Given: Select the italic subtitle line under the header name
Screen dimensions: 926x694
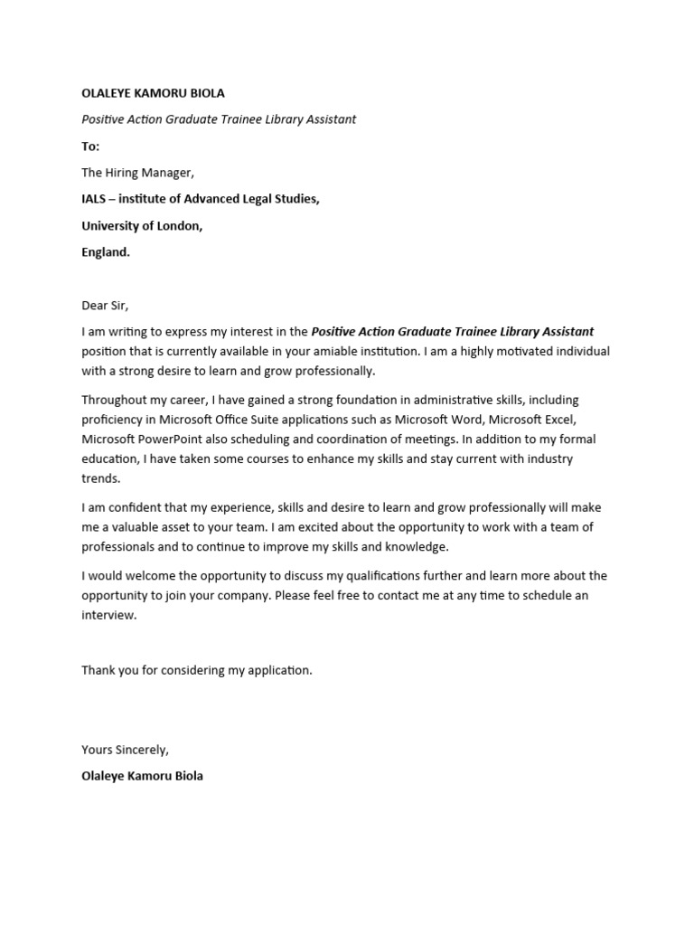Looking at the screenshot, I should [219, 119].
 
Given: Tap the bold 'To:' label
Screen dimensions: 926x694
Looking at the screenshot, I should [90, 146].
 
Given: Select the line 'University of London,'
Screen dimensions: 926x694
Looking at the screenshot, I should [142, 226].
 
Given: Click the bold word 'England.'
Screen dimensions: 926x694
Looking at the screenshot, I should [106, 252].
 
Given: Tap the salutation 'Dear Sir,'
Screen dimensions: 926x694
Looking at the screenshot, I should [106, 306].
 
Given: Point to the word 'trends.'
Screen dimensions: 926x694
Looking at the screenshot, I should [100, 478].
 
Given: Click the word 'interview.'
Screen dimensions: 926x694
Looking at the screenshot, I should [108, 615].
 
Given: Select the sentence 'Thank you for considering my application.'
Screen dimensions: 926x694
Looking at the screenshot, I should [197, 670].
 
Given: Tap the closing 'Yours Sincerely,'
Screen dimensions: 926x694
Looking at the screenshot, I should [125, 750].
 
